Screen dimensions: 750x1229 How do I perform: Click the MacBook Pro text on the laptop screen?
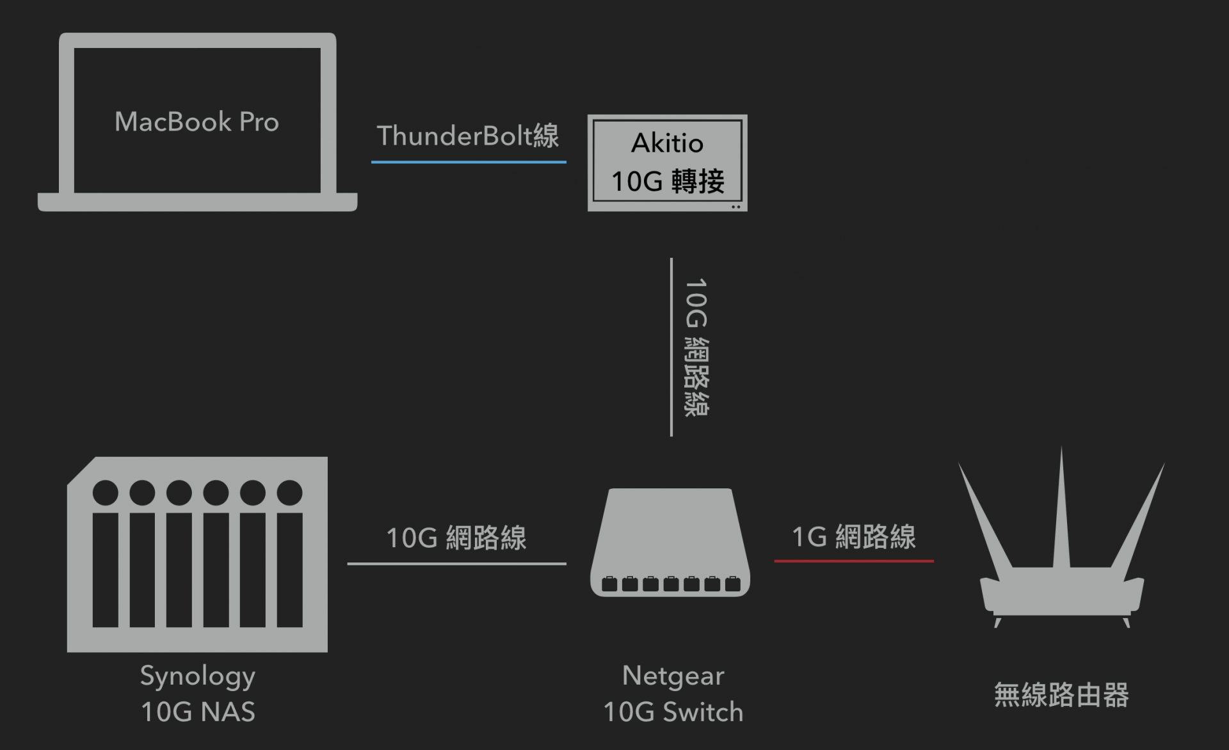(x=197, y=122)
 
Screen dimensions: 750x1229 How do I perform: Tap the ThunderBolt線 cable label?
(x=468, y=136)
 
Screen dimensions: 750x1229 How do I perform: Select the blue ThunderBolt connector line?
(x=469, y=162)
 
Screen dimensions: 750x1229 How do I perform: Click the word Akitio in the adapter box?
(x=667, y=143)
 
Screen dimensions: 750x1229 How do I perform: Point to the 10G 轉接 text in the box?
(x=668, y=181)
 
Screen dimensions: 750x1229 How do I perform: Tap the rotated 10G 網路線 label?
(x=696, y=347)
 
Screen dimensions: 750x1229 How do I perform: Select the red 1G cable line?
(x=853, y=561)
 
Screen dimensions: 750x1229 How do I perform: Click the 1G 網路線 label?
(x=853, y=536)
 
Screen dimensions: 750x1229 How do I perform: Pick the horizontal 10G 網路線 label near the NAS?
(x=456, y=538)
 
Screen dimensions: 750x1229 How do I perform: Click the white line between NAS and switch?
(x=456, y=564)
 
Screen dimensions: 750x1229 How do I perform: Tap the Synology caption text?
(x=198, y=676)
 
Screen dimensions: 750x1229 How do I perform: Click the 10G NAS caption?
(x=198, y=712)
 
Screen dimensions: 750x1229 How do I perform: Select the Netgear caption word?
(x=673, y=676)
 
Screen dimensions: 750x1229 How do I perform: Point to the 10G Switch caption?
(x=673, y=712)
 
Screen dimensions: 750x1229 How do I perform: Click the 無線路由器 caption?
(x=1061, y=695)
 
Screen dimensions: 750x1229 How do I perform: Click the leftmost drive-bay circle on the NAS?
(x=106, y=493)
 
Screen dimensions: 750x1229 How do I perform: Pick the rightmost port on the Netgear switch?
(x=733, y=584)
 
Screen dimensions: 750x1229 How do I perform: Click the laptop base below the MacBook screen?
(x=197, y=202)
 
